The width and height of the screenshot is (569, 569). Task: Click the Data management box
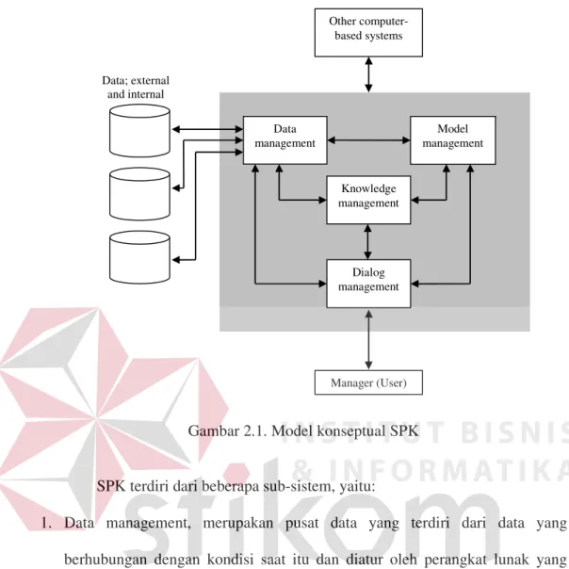tap(284, 140)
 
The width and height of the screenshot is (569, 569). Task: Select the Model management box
tap(453, 140)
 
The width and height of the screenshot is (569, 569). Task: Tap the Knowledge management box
tap(368, 200)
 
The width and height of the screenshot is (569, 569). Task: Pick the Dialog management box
tap(368, 284)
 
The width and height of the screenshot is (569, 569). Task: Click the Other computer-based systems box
tap(368, 32)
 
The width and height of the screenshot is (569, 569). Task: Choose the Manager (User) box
tap(368, 382)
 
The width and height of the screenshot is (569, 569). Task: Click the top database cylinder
tap(139, 131)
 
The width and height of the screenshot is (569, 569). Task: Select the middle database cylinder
tap(139, 194)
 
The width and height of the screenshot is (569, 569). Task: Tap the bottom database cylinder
tap(139, 257)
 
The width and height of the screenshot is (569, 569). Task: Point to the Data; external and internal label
tap(136, 87)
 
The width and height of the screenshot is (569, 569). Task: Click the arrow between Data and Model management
tap(368, 140)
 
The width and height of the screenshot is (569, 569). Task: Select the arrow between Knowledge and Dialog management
tap(368, 242)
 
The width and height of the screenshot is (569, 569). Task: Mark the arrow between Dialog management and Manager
tap(368, 339)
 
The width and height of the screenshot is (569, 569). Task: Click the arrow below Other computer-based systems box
tap(368, 74)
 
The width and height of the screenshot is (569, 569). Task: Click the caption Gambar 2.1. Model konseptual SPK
tap(303, 431)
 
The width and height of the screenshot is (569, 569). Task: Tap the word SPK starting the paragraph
tap(111, 486)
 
